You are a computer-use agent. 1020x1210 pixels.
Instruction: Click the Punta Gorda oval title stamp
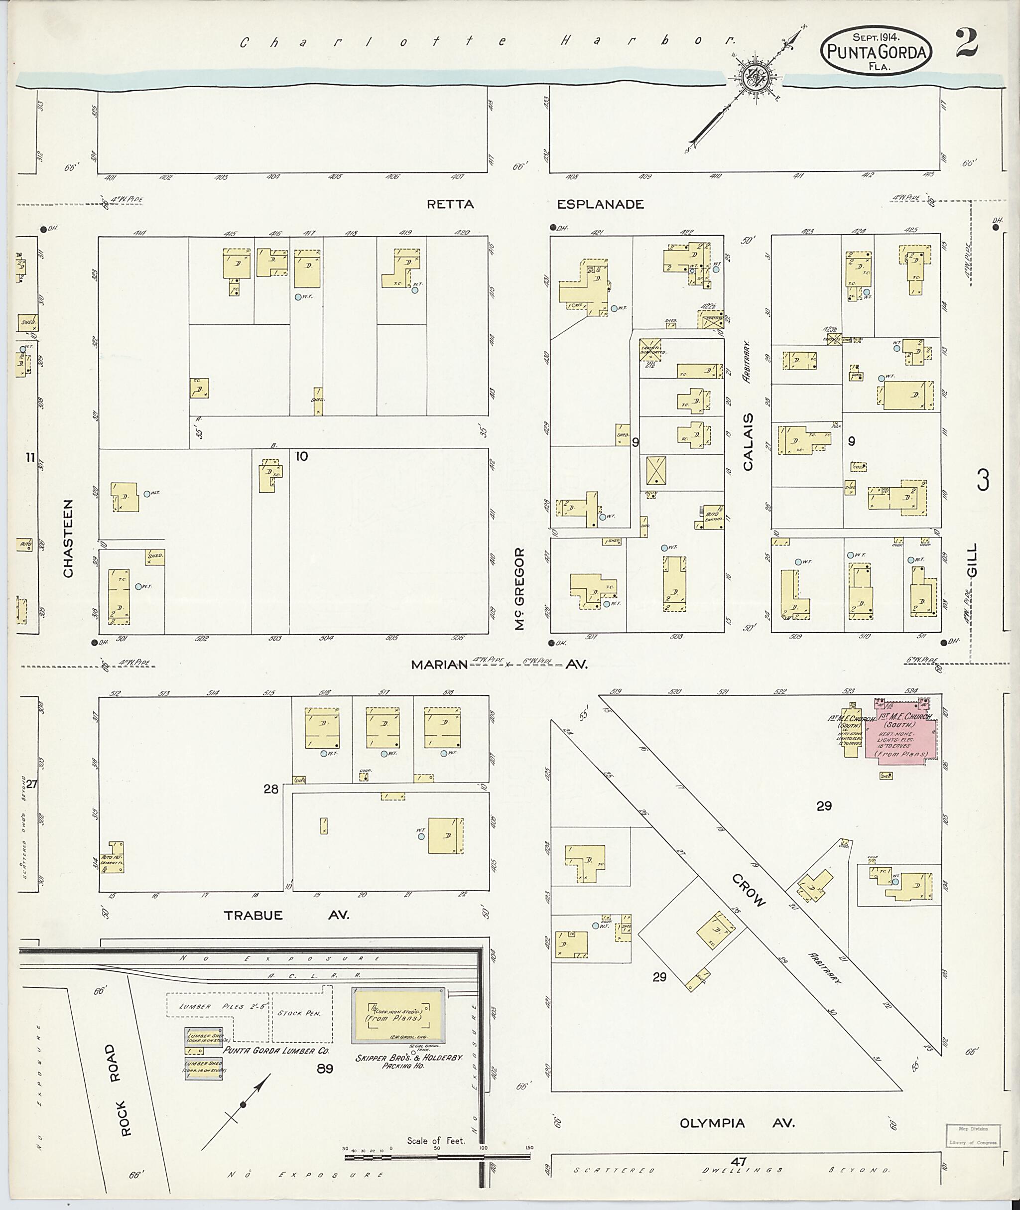coord(876,51)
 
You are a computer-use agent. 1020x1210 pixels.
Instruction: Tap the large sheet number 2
coord(966,43)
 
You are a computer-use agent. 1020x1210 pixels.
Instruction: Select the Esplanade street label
coord(600,204)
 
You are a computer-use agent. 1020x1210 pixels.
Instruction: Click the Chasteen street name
coord(68,538)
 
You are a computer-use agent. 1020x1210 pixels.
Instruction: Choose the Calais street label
coord(749,441)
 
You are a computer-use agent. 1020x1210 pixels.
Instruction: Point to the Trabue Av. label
coord(286,915)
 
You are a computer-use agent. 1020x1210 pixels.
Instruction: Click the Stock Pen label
coord(295,1013)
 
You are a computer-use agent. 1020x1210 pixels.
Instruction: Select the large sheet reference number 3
coord(983,480)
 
